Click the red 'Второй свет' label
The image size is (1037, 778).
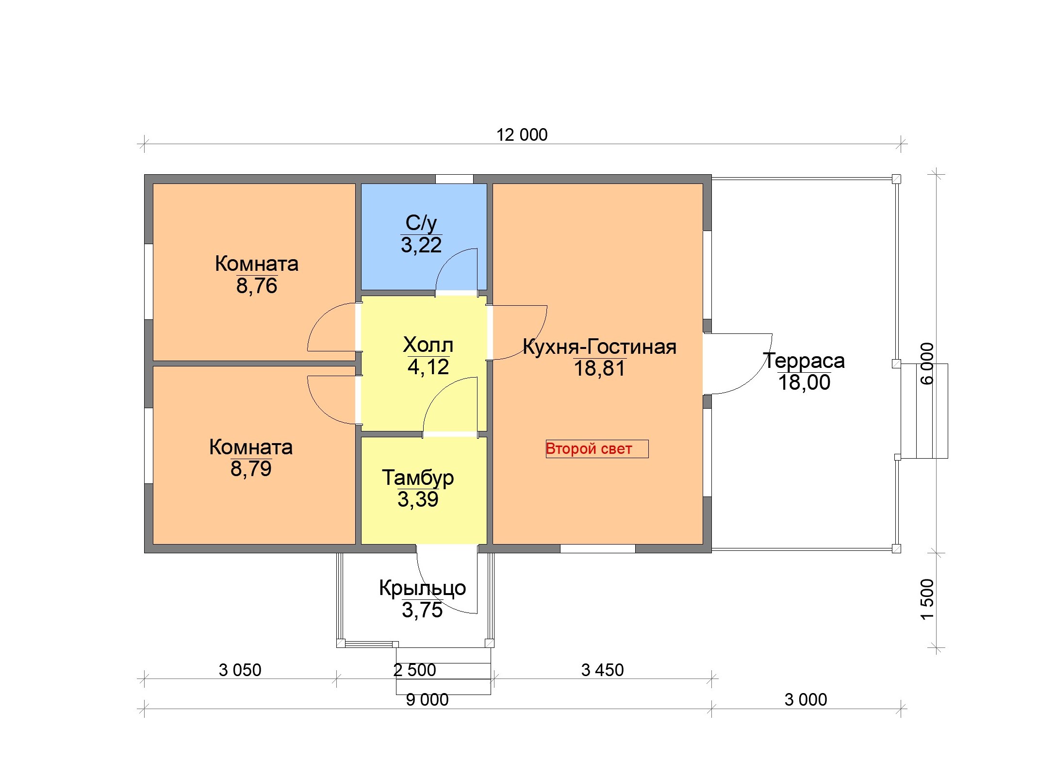tap(589, 448)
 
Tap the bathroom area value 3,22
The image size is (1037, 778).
tap(421, 245)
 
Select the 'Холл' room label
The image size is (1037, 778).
tap(428, 345)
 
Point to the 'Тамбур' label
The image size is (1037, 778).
tap(418, 478)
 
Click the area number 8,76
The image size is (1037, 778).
tap(257, 286)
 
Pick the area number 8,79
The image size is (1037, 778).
tap(251, 469)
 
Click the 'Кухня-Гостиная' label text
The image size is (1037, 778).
tap(599, 347)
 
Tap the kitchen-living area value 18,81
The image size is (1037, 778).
tap(600, 368)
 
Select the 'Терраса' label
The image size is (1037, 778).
tap(804, 361)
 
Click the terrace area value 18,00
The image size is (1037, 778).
tap(804, 382)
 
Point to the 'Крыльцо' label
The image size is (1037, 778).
tap(423, 588)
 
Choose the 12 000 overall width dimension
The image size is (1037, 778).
tap(522, 135)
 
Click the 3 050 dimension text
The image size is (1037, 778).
tap(240, 670)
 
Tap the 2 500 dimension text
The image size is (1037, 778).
tap(414, 670)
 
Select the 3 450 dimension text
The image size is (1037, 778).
tap(602, 670)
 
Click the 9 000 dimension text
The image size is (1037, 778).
tap(427, 700)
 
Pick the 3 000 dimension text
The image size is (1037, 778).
tap(806, 700)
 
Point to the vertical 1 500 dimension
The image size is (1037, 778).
tap(927, 599)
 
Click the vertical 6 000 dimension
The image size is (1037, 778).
tap(927, 364)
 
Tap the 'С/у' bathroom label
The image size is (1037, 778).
tap(421, 223)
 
